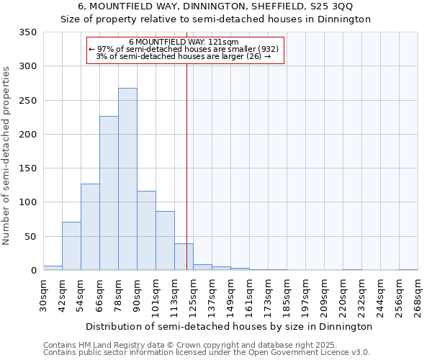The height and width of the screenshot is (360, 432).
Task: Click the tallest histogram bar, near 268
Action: click(x=127, y=179)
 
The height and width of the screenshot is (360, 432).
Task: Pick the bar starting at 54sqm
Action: click(x=90, y=227)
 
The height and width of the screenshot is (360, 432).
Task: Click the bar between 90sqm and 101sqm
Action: click(x=146, y=230)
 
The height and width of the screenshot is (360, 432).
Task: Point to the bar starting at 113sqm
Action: click(x=184, y=257)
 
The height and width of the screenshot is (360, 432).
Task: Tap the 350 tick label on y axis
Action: click(x=27, y=32)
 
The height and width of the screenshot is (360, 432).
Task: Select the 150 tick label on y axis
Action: click(x=27, y=168)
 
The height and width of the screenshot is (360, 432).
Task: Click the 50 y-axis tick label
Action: click(x=30, y=237)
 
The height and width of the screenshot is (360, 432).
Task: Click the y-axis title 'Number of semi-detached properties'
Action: click(x=7, y=155)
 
